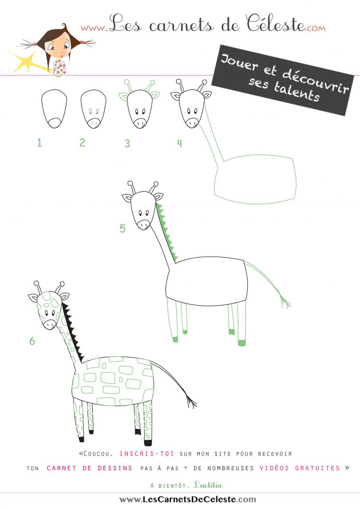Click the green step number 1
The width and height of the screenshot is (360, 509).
39,143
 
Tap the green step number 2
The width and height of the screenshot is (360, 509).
82,143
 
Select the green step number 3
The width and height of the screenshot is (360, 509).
127,143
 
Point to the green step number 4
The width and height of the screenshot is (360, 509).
179,143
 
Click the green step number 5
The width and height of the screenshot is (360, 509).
122,229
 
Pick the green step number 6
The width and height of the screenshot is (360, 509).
32,341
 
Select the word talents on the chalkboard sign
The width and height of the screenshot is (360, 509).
297,91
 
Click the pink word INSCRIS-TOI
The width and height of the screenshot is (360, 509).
146,454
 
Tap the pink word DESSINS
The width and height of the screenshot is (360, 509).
115,468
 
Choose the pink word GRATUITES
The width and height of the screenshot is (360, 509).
317,468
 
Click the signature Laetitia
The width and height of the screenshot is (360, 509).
208,485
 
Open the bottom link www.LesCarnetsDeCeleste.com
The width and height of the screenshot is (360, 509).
188,500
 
